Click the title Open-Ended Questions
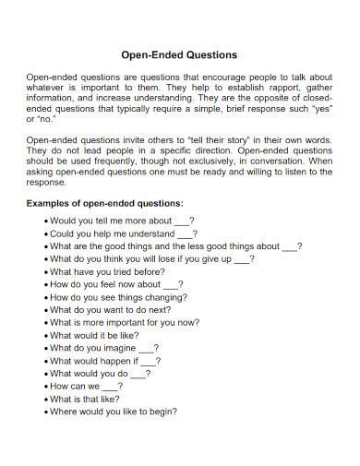(x=179, y=54)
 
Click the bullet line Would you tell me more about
(x=120, y=221)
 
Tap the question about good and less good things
(x=175, y=247)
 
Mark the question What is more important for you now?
(x=125, y=324)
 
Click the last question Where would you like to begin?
(x=114, y=412)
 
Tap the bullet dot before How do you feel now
(x=45, y=286)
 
